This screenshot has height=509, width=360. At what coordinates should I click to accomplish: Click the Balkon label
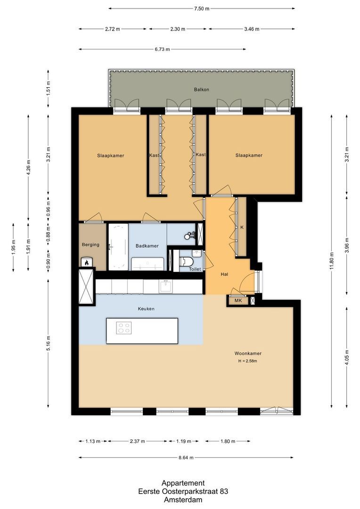201,90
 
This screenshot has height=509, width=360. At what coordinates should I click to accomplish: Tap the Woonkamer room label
248,353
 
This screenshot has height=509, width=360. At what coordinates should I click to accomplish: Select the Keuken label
146,309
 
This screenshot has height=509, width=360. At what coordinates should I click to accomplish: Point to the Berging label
90,245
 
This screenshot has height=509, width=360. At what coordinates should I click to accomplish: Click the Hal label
225,274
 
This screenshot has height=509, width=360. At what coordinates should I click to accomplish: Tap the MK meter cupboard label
238,301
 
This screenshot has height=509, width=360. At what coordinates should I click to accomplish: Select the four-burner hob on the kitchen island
124,328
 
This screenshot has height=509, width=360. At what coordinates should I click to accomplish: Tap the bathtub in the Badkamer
118,246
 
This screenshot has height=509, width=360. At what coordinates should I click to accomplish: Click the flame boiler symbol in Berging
86,262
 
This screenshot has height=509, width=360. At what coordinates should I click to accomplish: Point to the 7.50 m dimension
201,8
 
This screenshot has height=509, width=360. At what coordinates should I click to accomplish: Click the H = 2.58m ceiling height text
248,361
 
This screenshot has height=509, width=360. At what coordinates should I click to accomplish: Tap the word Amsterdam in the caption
183,500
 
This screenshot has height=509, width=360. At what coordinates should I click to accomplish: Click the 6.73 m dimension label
162,49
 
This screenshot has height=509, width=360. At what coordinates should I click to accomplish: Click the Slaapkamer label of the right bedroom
249,156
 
